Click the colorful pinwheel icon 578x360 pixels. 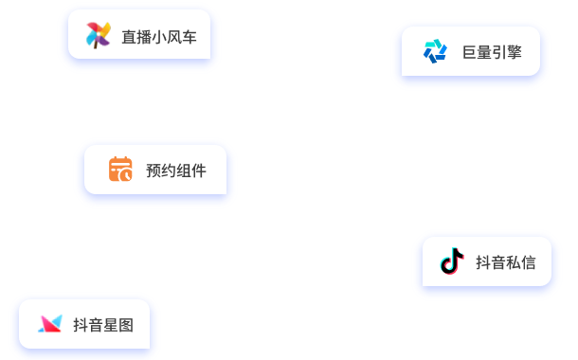click(99, 36)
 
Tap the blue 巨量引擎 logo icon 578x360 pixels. click(435, 51)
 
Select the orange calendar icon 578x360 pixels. click(120, 170)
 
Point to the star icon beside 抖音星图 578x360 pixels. click(49, 324)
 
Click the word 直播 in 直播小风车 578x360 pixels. click(136, 37)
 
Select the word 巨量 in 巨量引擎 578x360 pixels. click(478, 52)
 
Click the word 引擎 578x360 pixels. click(508, 52)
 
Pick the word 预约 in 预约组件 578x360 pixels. click(161, 171)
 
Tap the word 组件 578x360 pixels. click(191, 171)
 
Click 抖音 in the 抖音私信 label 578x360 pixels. click(491, 262)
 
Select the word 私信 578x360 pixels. click(521, 262)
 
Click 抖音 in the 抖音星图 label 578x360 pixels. click(88, 325)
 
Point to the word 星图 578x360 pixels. click(118, 325)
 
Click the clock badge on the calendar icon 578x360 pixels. click(126, 176)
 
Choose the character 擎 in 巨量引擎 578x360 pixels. click(515, 52)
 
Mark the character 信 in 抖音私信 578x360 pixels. click(529, 262)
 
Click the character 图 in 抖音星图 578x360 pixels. click(126, 325)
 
